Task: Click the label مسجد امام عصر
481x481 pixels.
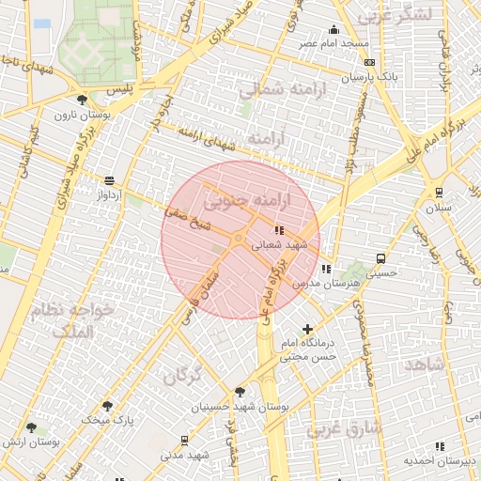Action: (x=334, y=43)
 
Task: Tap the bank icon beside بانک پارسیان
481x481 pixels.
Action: (x=369, y=62)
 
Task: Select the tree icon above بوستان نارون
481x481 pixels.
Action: (x=82, y=101)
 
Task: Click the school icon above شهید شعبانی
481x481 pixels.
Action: (x=278, y=230)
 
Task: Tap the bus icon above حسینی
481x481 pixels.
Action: (x=380, y=258)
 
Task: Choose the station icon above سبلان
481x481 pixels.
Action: (x=438, y=193)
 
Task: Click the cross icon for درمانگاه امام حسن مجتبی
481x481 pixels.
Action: (x=307, y=328)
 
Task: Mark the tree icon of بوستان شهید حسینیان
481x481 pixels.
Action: (x=240, y=392)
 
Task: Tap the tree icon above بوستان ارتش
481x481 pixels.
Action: (x=31, y=427)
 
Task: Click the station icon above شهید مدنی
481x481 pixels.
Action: (x=183, y=441)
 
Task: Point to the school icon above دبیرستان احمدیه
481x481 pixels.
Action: (x=440, y=447)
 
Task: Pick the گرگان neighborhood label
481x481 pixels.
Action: (x=183, y=376)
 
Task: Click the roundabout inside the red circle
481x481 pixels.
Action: (x=238, y=240)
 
